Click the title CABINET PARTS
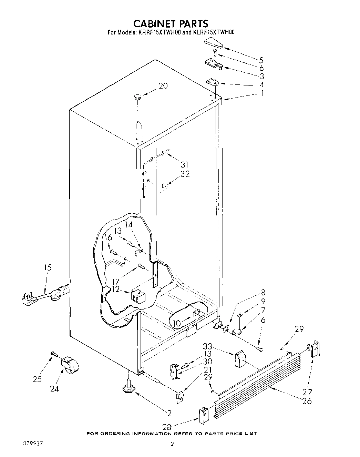(x=171, y=23)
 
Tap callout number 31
(x=184, y=165)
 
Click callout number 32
(x=185, y=174)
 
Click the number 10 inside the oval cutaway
(x=176, y=324)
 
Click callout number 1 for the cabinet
(x=262, y=93)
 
